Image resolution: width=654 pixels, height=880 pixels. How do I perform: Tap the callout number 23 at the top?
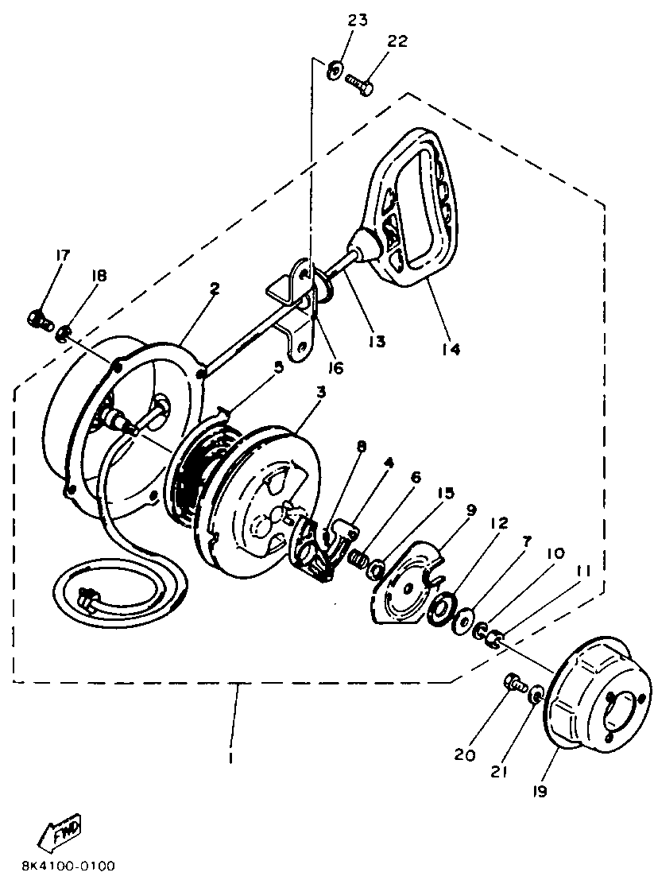pos(357,21)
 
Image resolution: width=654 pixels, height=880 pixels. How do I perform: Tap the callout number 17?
pos(62,255)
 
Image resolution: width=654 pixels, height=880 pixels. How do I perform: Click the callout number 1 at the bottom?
pos(231,756)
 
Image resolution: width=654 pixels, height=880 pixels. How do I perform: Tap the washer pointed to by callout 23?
pos(335,70)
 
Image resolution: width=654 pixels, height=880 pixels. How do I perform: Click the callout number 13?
pos(376,341)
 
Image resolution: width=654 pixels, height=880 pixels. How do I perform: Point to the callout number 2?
pos(215,289)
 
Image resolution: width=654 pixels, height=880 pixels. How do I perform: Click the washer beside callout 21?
pos(535,696)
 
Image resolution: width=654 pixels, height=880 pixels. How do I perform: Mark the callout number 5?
pos(277,366)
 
